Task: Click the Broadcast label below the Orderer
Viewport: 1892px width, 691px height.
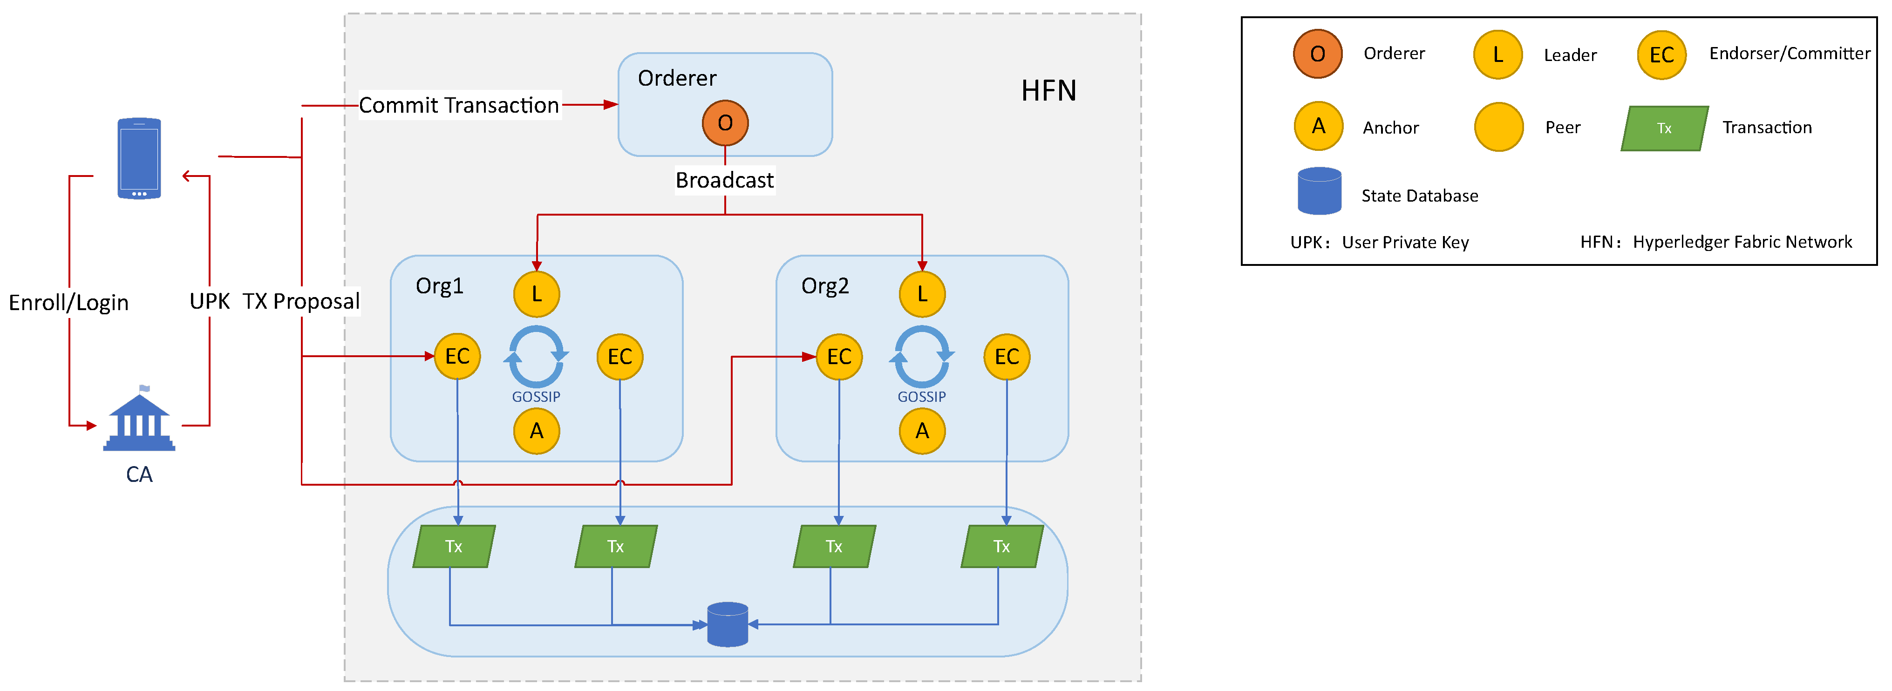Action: (x=724, y=180)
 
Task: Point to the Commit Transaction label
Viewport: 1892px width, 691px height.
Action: (x=459, y=105)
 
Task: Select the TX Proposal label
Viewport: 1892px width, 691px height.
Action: (x=301, y=301)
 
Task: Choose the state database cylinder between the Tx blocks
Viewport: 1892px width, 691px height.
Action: (x=727, y=624)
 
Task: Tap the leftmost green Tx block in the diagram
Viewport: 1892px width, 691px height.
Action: (x=454, y=546)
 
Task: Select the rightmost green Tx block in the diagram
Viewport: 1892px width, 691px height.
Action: (x=1002, y=546)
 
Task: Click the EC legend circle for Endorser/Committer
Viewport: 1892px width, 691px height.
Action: (x=1661, y=54)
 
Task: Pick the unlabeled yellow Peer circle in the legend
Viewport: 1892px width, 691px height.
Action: (x=1498, y=127)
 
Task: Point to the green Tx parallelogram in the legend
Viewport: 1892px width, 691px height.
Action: (x=1664, y=129)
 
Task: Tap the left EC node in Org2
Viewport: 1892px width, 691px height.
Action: (x=839, y=357)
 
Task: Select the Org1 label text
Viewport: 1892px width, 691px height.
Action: (x=439, y=285)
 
